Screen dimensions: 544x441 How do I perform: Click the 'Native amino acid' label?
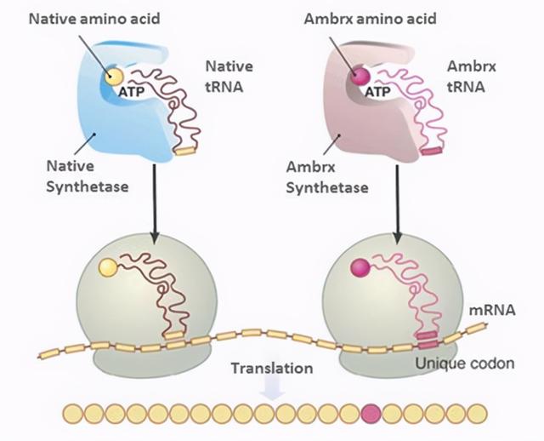94,19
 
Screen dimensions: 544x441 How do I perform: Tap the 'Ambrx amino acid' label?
371,19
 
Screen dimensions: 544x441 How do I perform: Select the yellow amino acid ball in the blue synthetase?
114,76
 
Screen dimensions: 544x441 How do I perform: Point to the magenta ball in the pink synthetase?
360,76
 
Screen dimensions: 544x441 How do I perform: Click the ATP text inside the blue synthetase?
132,92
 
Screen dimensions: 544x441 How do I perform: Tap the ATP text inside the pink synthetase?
377,92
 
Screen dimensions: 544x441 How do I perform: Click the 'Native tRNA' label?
229,77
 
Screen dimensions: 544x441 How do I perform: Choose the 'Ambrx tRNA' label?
472,77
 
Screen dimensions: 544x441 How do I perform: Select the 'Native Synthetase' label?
88,176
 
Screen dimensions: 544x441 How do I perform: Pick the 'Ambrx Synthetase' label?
327,178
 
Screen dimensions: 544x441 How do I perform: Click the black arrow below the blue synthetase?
155,203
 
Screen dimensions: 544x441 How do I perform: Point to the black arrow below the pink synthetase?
398,203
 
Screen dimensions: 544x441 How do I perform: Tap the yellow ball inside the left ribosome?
108,267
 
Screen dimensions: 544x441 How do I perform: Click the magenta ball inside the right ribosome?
360,268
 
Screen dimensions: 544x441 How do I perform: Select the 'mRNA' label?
492,311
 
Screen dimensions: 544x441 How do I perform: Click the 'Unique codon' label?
465,364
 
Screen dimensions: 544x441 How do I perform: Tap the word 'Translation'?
272,368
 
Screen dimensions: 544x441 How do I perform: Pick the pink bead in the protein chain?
371,414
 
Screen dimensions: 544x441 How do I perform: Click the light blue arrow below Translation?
273,387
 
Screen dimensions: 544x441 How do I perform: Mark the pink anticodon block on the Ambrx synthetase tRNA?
432,151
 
